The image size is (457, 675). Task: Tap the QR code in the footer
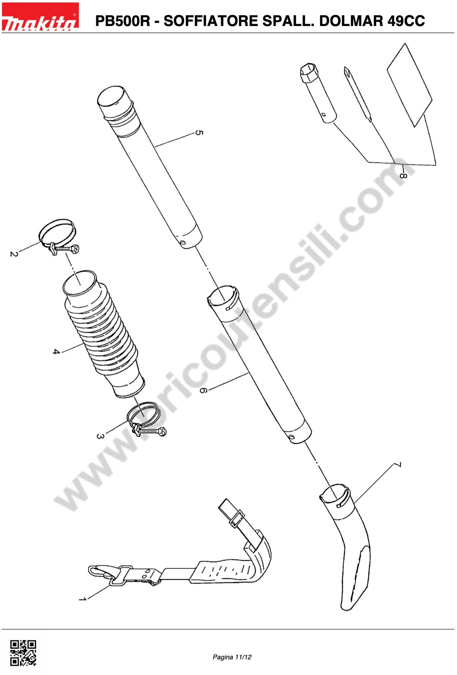click(x=23, y=653)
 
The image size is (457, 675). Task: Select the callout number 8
click(x=403, y=175)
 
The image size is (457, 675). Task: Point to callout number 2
click(x=14, y=254)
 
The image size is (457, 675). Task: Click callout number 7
click(x=398, y=465)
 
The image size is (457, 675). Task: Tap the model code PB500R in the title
click(x=123, y=21)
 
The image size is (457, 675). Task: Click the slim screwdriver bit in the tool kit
click(x=358, y=94)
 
